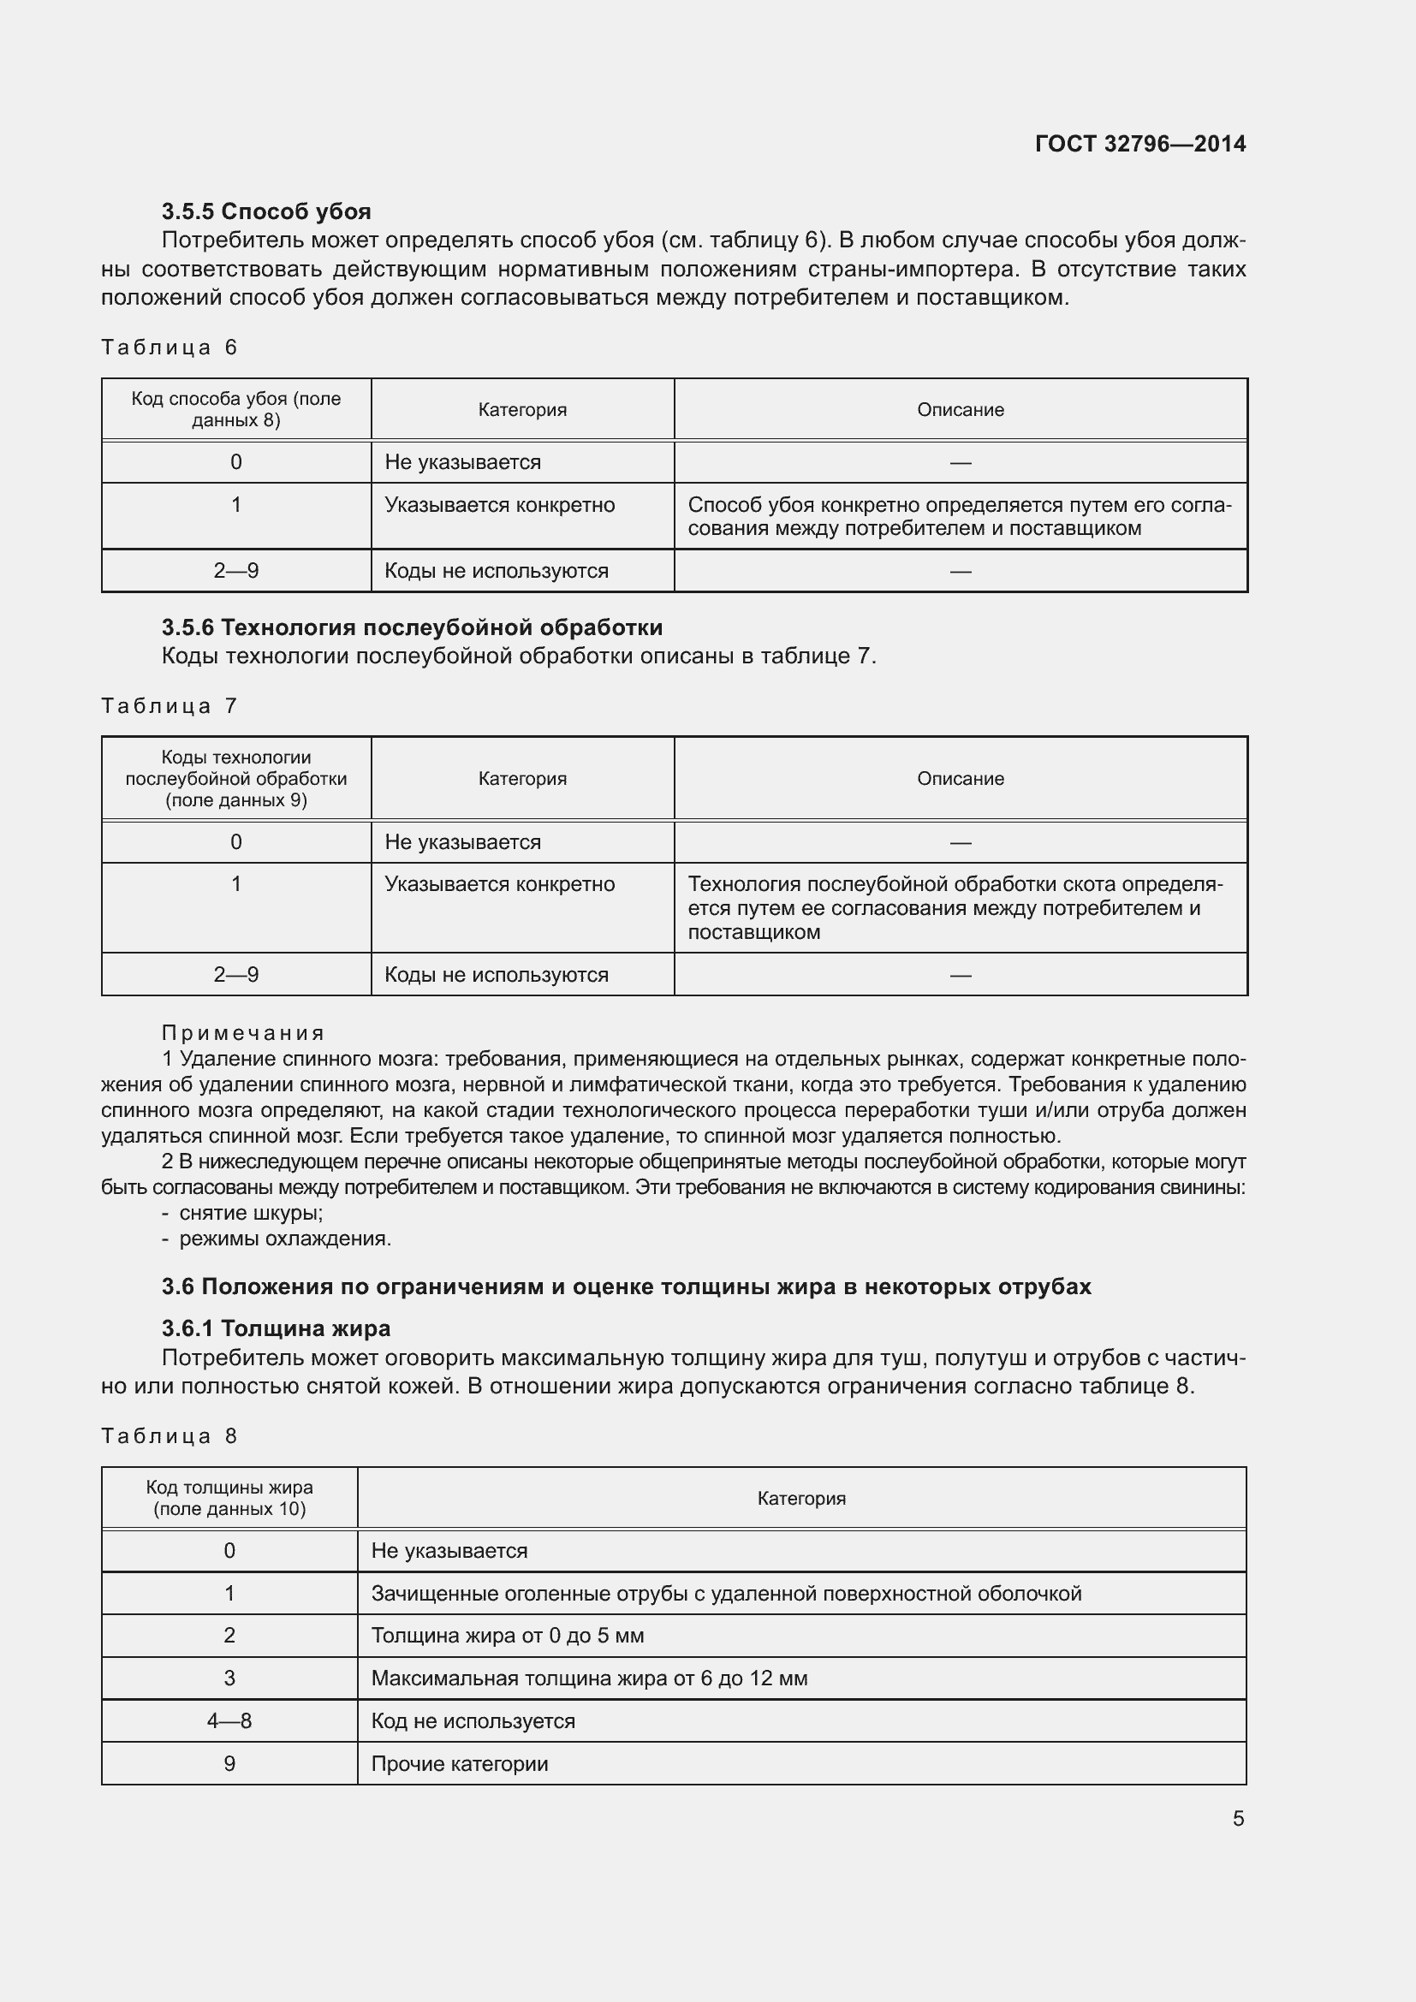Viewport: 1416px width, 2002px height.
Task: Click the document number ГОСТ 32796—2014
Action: click(x=1139, y=144)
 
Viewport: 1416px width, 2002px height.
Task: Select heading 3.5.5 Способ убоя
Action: click(x=266, y=211)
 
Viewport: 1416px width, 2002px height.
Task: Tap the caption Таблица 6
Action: click(x=170, y=347)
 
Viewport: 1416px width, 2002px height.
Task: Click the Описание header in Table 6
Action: click(x=960, y=410)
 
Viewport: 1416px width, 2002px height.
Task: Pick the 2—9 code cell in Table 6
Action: click(x=236, y=571)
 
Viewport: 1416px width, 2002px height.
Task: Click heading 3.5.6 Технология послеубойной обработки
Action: click(x=412, y=627)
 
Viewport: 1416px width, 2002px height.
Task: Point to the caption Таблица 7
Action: click(x=170, y=705)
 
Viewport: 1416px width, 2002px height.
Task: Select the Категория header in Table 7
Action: click(x=522, y=779)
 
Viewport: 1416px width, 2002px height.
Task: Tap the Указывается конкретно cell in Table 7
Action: click(x=500, y=884)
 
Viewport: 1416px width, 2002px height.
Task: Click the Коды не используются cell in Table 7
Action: click(x=497, y=975)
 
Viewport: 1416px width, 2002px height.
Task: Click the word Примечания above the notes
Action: click(x=243, y=1033)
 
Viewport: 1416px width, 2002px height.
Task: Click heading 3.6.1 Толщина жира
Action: click(x=276, y=1328)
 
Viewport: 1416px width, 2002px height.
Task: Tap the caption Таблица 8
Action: click(x=170, y=1436)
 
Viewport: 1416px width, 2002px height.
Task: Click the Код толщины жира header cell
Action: click(x=229, y=1498)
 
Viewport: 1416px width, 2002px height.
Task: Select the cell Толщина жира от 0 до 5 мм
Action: click(x=508, y=1636)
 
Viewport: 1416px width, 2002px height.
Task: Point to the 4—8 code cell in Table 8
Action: click(x=229, y=1721)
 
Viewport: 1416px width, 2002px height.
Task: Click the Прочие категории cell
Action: click(x=460, y=1764)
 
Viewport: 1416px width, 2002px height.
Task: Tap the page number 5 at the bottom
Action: click(x=1238, y=1818)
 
